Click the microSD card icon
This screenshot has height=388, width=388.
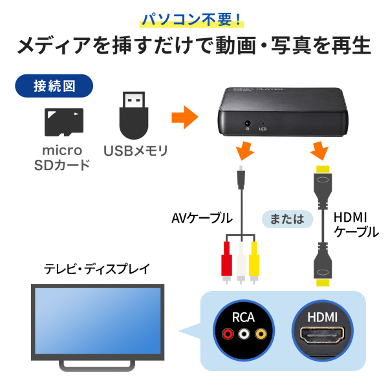[64, 122]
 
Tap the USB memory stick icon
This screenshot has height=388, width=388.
[134, 115]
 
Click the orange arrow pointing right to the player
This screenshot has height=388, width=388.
[184, 117]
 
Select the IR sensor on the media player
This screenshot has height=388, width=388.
[247, 124]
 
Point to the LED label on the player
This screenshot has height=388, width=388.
[263, 129]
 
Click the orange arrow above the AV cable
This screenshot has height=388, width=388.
[244, 151]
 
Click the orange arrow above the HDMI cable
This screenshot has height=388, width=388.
[319, 151]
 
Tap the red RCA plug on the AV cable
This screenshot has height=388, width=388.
[226, 263]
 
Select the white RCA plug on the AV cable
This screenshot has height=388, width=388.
[241, 263]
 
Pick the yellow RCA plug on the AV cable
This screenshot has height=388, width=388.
[254, 263]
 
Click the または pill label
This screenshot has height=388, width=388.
[287, 219]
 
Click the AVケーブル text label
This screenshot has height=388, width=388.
[202, 219]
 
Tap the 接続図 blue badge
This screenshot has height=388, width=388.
[54, 86]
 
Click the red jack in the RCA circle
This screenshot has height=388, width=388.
[228, 334]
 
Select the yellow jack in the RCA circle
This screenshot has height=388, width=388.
[261, 334]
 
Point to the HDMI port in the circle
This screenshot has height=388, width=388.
[323, 335]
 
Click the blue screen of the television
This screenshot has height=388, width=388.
[98, 321]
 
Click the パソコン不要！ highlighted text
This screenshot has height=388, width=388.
[192, 19]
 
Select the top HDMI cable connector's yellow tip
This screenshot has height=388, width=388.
[323, 169]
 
